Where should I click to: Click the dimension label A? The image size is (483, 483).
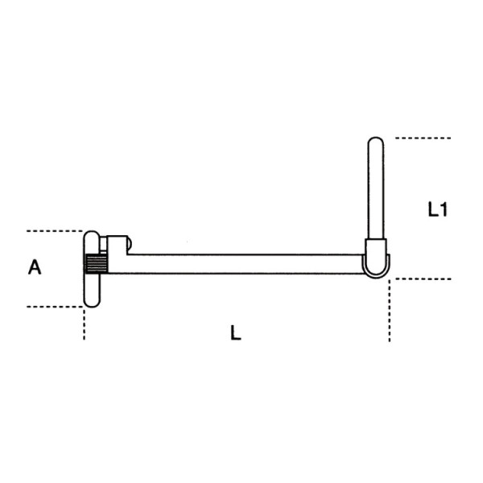pos(35,268)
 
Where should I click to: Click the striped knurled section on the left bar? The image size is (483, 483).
pos(96,264)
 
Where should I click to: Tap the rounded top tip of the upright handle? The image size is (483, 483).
pos(375,143)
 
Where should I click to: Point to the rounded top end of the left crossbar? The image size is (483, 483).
pos(92,237)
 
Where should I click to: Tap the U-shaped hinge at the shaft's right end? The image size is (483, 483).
pos(377,268)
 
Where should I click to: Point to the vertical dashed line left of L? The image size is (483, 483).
pos(84,324)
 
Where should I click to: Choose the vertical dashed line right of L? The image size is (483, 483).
pos(390,314)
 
